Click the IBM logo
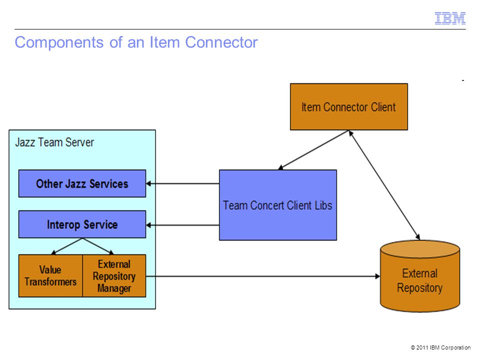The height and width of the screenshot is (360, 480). tap(450, 18)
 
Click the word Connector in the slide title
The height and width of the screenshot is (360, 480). tap(221, 42)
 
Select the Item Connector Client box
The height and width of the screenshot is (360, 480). tap(348, 107)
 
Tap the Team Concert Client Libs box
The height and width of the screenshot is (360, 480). tap(277, 205)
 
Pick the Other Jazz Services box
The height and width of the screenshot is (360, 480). tap(82, 183)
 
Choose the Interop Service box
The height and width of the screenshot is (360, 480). tap(82, 224)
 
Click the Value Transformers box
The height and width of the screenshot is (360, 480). tap(50, 275)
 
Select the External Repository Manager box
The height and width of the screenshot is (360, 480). tap(114, 275)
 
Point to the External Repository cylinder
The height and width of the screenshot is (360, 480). tap(419, 276)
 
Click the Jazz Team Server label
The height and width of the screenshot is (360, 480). tap(54, 142)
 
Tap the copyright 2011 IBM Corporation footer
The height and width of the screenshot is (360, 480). tap(440, 347)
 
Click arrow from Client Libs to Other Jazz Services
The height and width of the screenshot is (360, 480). tap(182, 183)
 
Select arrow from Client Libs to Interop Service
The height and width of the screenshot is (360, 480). tap(182, 225)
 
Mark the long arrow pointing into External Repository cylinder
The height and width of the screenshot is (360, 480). tap(263, 276)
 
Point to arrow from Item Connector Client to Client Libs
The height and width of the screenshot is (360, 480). tap(313, 150)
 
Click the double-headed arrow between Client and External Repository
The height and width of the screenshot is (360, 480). tap(384, 185)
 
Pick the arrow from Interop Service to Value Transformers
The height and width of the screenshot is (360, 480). tap(66, 246)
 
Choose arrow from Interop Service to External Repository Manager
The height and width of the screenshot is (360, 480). tap(98, 246)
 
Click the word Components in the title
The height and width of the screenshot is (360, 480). tap(59, 42)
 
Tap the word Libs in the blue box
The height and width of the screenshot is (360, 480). tap(323, 205)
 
